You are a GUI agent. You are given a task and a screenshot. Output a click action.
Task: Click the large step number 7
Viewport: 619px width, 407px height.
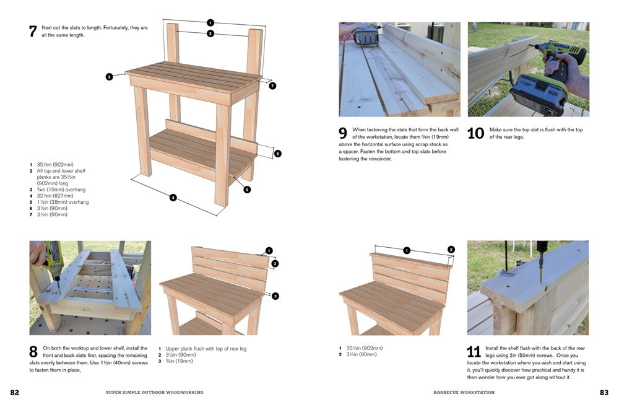[x=33, y=32]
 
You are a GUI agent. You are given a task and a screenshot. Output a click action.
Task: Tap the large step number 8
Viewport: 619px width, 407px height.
[x=33, y=352]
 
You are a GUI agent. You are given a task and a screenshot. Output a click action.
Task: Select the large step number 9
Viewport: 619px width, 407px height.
[x=343, y=134]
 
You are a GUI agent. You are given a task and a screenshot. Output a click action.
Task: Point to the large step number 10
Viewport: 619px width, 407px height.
[x=475, y=134]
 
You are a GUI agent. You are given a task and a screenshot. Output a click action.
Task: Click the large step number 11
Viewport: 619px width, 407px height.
[x=474, y=352]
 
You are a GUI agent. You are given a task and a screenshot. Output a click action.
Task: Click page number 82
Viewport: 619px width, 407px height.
[x=15, y=393]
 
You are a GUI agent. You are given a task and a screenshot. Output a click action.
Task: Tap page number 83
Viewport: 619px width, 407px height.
[x=604, y=393]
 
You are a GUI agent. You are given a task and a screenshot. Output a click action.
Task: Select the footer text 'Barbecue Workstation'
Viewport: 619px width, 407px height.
[x=464, y=393]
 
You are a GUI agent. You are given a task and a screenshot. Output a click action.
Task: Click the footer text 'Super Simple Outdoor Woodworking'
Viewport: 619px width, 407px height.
[x=155, y=393]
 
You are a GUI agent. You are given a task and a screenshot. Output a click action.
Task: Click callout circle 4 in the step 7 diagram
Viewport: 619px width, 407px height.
[x=173, y=198]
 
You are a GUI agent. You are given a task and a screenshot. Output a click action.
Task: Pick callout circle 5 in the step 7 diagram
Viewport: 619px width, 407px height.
[x=247, y=190]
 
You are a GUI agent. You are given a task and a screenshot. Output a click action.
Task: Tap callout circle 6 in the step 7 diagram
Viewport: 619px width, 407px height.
[x=277, y=153]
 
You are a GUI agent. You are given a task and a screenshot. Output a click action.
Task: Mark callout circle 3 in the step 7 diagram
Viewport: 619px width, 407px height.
[x=109, y=77]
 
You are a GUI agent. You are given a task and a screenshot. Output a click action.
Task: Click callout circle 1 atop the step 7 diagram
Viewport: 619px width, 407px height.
[x=210, y=23]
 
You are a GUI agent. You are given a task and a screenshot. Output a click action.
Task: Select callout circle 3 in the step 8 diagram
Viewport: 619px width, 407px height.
[x=275, y=295]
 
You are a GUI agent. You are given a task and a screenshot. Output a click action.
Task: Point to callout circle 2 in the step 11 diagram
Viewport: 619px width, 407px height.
[x=451, y=250]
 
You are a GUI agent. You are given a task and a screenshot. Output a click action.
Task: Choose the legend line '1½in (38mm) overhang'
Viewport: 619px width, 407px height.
[x=63, y=202]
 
